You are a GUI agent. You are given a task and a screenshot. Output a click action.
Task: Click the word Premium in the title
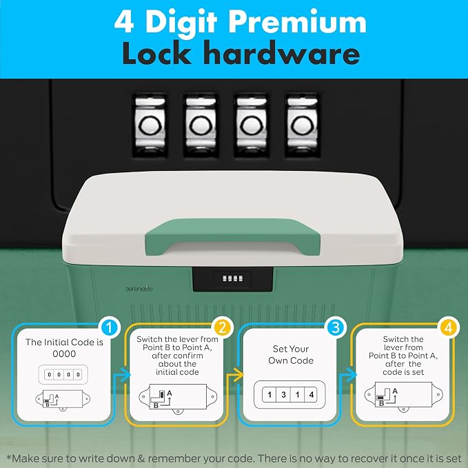297,23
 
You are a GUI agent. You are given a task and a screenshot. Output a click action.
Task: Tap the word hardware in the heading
283,53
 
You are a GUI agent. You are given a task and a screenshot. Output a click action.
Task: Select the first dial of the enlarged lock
150,125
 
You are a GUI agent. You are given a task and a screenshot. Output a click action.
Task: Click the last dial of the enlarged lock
303,125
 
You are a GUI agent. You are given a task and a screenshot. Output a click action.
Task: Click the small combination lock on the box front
233,278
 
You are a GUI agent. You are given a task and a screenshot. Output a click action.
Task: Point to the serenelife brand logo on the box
139,289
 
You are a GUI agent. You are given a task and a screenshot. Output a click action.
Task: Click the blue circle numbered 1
109,328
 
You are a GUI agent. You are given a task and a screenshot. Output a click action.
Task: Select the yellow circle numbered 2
223,328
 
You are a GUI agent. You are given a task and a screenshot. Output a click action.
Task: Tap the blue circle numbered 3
336,327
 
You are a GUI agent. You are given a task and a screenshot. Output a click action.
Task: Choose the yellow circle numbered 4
449,328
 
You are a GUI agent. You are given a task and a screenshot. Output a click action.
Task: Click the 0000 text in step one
64,354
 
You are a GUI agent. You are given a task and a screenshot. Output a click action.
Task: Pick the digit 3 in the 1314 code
283,394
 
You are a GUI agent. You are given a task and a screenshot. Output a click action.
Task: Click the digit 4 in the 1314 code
312,394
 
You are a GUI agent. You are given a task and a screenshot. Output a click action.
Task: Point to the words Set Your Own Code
291,354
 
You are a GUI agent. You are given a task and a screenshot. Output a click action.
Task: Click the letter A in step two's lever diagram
170,394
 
